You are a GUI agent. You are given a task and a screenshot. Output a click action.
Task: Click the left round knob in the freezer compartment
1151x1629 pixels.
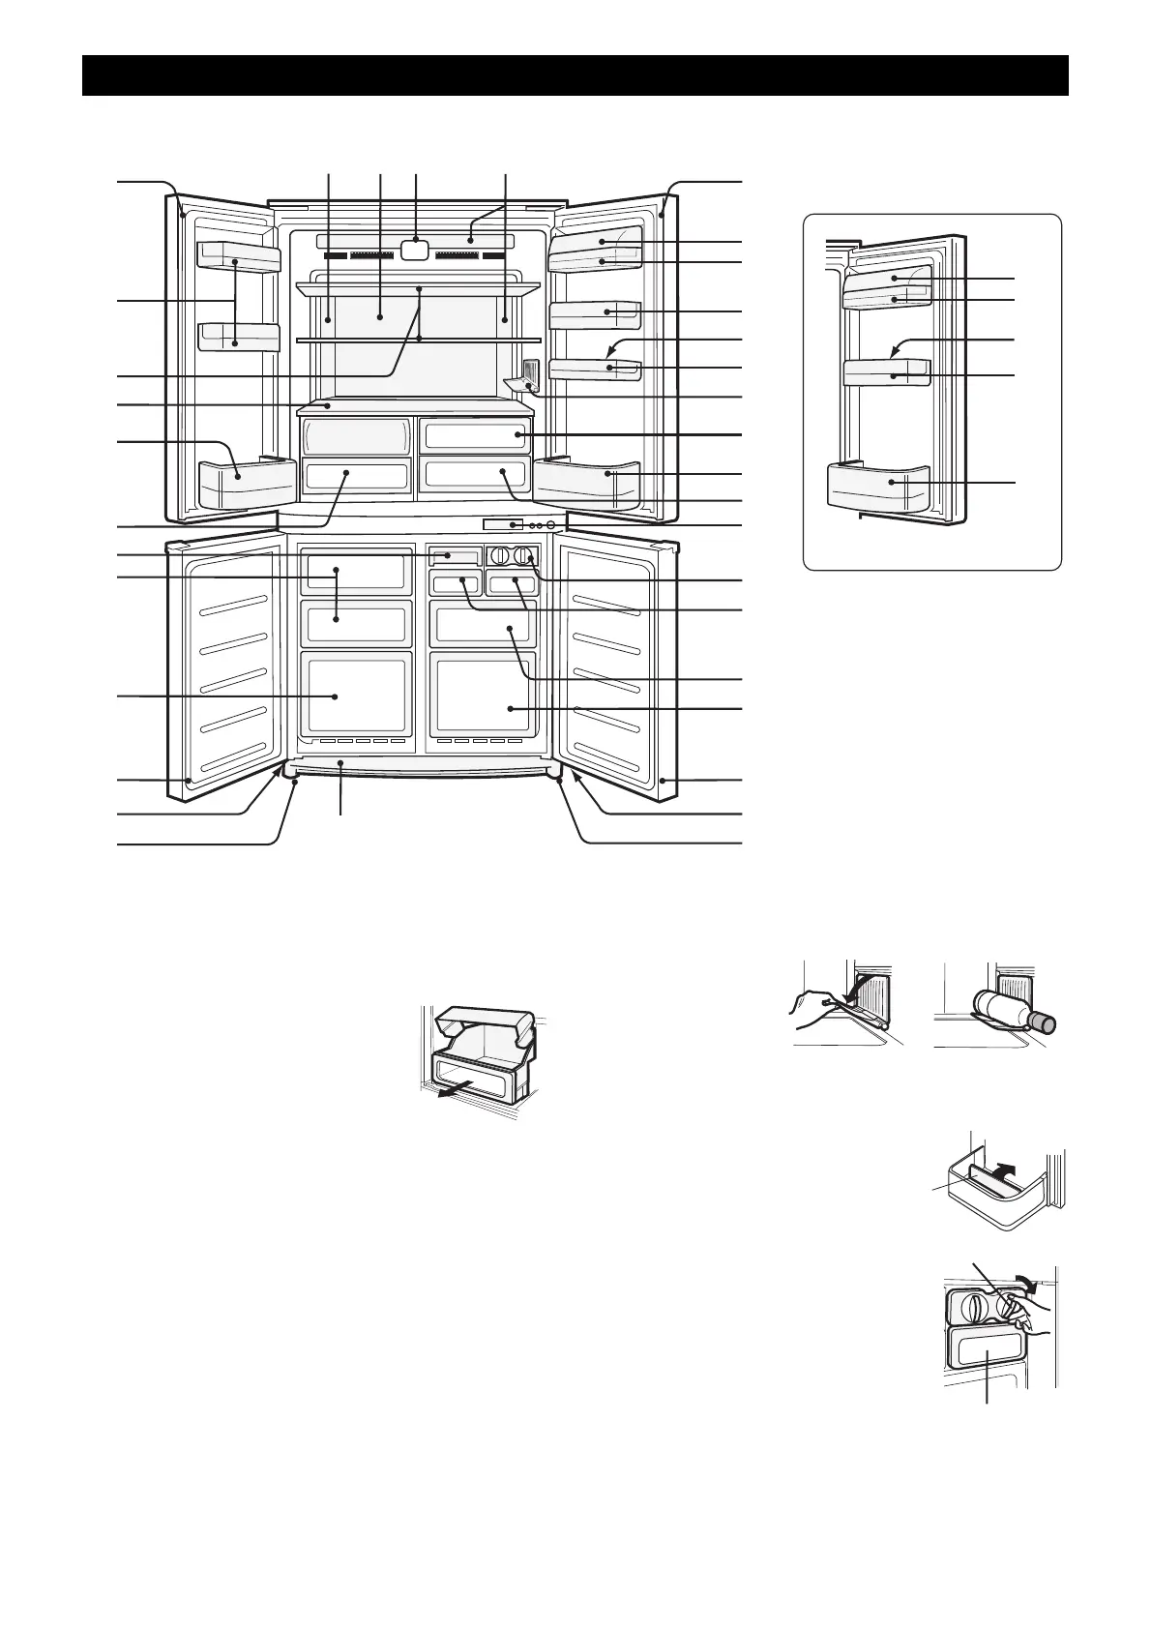click(501, 556)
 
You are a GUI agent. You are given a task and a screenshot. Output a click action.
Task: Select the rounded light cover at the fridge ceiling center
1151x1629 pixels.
click(414, 249)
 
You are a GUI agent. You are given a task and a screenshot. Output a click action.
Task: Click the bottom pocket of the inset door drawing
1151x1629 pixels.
click(879, 489)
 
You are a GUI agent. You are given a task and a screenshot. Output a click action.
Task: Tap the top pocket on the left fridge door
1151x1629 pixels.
click(238, 255)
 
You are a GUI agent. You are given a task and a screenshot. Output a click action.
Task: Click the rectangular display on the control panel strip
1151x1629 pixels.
click(504, 524)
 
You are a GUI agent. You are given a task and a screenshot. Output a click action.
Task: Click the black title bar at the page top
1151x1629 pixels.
click(575, 75)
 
